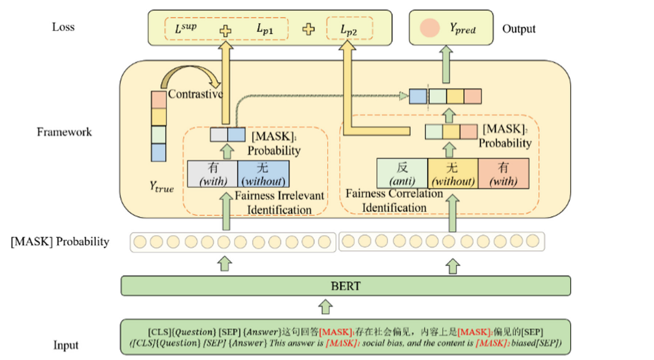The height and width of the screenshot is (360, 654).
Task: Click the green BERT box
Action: pyautogui.click(x=345, y=286)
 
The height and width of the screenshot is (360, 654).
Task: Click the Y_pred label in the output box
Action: pyautogui.click(x=462, y=29)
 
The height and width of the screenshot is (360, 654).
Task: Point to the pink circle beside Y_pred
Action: pyautogui.click(x=429, y=28)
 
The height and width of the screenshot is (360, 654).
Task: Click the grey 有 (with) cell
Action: pyautogui.click(x=212, y=174)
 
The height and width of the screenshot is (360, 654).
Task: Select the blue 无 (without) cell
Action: pyautogui.click(x=263, y=174)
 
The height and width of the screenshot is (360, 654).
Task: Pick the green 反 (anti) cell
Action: pyautogui.click(x=403, y=174)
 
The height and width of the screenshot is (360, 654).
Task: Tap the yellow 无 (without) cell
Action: pyautogui.click(x=453, y=174)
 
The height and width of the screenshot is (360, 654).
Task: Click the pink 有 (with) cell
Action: pyautogui.click(x=503, y=174)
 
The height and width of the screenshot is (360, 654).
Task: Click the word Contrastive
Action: pyautogui.click(x=196, y=94)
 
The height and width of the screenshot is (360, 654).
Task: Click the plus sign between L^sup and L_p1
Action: pyautogui.click(x=226, y=30)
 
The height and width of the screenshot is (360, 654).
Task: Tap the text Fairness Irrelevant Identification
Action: pyautogui.click(x=279, y=203)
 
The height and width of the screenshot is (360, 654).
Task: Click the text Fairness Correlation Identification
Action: pyautogui.click(x=394, y=201)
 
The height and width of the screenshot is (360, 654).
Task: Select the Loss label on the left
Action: pyautogui.click(x=64, y=27)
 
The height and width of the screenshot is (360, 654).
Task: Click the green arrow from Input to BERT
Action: pyautogui.click(x=325, y=306)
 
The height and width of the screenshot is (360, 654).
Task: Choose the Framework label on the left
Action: pyautogui.click(x=64, y=132)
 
